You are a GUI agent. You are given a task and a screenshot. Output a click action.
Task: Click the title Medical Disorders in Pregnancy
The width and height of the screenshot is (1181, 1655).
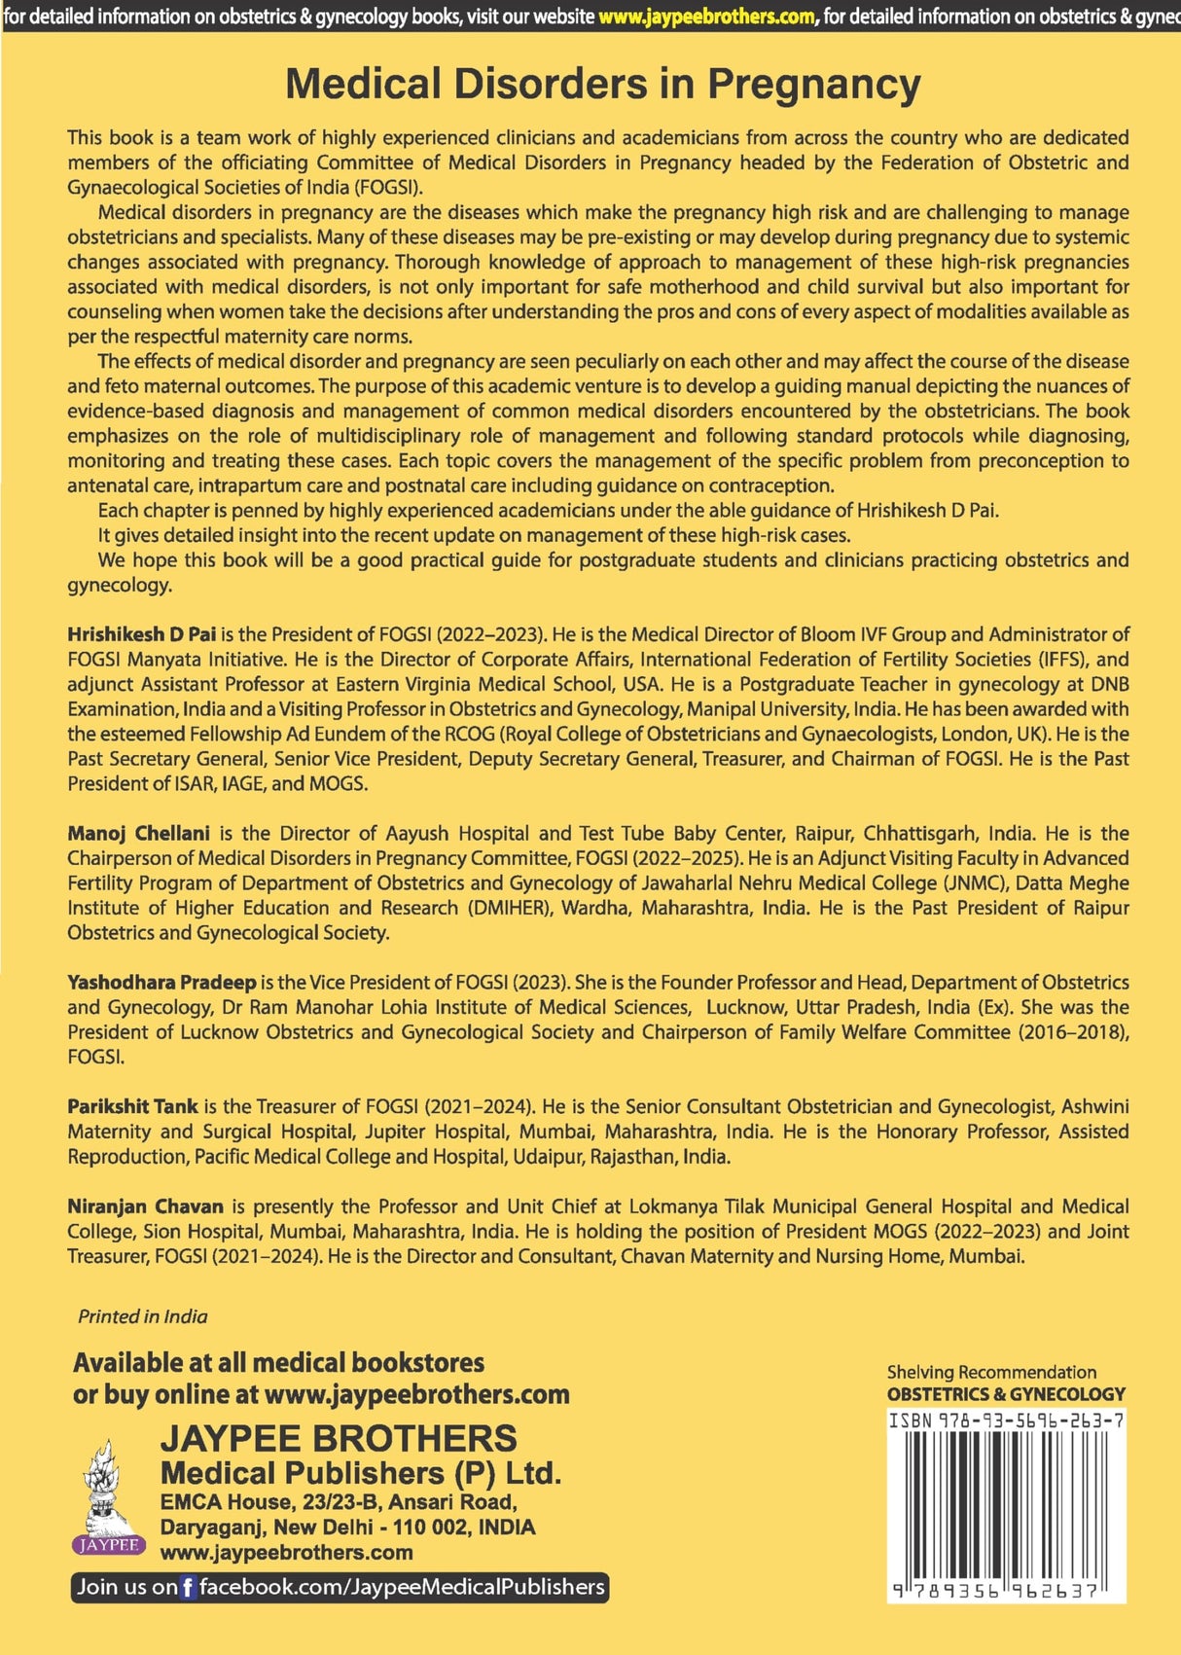point(602,84)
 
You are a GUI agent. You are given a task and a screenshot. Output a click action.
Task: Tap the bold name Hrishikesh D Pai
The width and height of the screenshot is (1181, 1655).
point(141,634)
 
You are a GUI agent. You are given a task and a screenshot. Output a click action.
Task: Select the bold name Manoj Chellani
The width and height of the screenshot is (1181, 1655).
point(138,833)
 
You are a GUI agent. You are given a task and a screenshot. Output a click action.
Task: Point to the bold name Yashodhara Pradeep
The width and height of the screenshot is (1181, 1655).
point(161,983)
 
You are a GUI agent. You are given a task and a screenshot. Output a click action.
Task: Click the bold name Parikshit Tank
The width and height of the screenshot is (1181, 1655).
point(132,1106)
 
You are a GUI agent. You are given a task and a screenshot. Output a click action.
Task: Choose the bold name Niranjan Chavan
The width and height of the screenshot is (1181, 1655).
point(145,1206)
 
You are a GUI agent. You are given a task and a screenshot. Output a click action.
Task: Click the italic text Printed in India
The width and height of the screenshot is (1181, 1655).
point(143,1317)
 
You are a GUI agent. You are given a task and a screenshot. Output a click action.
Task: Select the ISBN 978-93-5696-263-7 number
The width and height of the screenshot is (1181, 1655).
point(1006,1421)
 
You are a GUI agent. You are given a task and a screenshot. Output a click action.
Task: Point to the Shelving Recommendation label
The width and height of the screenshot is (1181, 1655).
point(991,1373)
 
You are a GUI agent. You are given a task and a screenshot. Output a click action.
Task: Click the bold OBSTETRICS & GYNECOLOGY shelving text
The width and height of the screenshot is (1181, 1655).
point(1006,1394)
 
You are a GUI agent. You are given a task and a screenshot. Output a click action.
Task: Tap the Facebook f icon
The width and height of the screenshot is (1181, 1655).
point(188,1588)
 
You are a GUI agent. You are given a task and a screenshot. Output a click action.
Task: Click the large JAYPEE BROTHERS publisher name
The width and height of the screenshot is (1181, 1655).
point(339,1439)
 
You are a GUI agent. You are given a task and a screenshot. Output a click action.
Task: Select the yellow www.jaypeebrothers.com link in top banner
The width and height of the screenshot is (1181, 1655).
point(706,17)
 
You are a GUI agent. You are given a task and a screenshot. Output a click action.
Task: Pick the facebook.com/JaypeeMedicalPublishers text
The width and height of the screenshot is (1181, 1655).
point(402,1587)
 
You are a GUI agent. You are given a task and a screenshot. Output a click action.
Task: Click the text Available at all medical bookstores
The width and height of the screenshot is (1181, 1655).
point(278,1362)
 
